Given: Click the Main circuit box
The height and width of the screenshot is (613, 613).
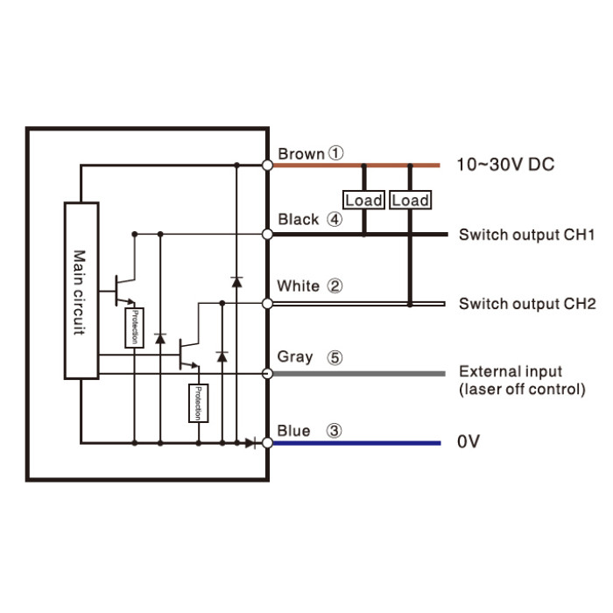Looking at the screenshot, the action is [81, 291].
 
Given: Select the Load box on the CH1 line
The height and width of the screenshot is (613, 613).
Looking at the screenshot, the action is [363, 201].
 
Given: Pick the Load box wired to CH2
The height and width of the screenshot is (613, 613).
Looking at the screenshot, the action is [410, 201].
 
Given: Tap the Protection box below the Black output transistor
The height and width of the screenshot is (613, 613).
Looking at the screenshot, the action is [134, 328].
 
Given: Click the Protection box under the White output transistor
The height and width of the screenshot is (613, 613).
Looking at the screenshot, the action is [198, 403].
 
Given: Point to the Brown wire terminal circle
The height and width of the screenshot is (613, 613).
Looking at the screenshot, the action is [267, 166].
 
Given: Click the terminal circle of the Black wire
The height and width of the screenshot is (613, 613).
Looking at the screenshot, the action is [267, 234].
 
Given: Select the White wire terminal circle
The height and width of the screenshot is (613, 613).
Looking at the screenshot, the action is [267, 303].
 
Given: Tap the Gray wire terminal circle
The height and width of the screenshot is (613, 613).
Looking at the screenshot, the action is [267, 374].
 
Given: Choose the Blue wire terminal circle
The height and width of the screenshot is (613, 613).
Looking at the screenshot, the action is [267, 443].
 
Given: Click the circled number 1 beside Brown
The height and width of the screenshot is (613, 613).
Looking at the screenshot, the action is [335, 153].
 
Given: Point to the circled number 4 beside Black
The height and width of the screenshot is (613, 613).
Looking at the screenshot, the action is [335, 219].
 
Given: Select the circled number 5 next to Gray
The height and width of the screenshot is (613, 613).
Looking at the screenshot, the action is [335, 357].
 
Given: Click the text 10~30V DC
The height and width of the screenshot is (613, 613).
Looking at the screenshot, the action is [505, 165].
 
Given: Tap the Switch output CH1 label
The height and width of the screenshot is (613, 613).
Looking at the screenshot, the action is [527, 235].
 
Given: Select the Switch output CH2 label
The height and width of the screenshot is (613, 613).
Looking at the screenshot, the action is [527, 304].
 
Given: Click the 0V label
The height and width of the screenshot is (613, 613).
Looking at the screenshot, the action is [469, 441].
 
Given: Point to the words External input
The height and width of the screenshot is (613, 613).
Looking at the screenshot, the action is [511, 371].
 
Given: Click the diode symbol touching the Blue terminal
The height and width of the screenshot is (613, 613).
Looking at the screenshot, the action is [251, 443].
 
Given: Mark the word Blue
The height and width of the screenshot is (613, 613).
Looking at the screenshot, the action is [293, 431].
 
